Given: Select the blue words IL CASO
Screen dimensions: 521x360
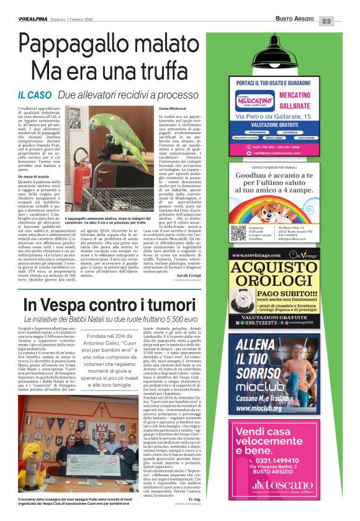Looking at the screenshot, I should pyautogui.click(x=34, y=95).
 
